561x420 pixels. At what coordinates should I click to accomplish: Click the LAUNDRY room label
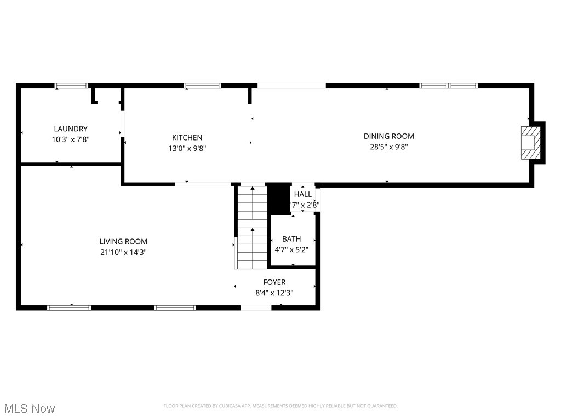point(70,129)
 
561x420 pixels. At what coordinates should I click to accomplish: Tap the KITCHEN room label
point(187,138)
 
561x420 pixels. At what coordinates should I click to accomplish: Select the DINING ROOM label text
point(388,136)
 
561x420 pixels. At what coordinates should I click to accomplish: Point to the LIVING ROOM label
point(123,241)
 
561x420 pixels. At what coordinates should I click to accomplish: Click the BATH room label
point(291,239)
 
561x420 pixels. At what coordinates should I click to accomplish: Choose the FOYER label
point(274,282)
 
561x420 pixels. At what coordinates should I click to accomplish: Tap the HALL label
point(303,194)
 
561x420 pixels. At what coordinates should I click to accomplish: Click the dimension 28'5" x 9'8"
point(388,147)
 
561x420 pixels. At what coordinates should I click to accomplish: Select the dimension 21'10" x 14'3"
point(123,252)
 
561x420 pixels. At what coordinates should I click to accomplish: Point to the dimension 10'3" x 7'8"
point(70,139)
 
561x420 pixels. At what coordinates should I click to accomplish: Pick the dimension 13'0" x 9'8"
point(187,148)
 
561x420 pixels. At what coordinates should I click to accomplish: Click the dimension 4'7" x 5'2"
point(291,249)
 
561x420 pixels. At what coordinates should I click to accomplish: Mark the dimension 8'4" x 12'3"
point(274,293)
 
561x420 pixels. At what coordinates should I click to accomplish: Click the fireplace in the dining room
point(530,143)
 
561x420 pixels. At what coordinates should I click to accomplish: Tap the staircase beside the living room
point(252,227)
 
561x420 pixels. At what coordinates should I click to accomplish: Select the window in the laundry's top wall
point(71,85)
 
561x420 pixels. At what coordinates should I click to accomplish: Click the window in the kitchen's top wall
point(202,85)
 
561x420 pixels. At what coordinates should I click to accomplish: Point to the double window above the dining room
point(448,85)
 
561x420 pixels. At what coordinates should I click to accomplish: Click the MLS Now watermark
point(30,409)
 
